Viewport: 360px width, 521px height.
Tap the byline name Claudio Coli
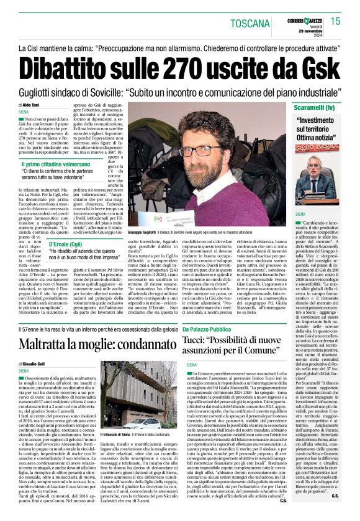(32, 364)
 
